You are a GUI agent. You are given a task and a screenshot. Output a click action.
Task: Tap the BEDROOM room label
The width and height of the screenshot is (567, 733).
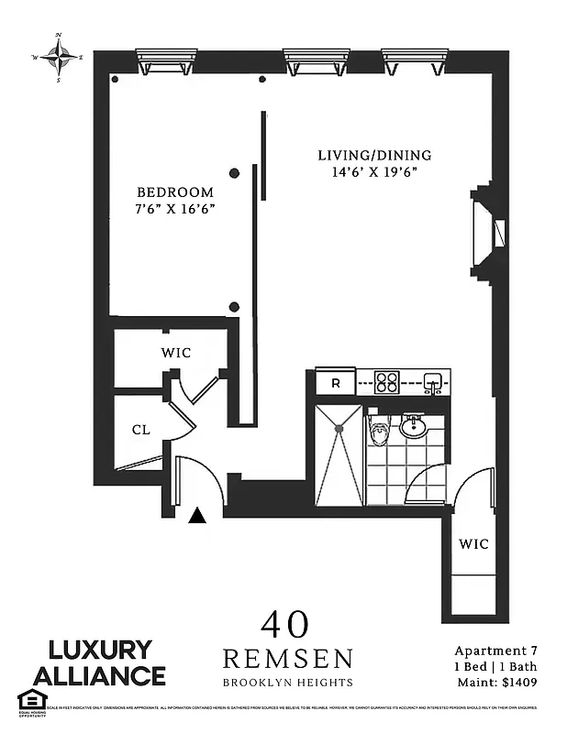click(x=174, y=192)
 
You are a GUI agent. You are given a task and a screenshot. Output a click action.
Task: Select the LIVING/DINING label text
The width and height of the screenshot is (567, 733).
click(x=374, y=155)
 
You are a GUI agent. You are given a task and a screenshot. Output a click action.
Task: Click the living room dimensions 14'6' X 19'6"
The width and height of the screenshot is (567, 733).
click(x=374, y=172)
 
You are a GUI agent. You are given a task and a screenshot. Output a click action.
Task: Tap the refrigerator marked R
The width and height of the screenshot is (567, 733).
click(x=335, y=382)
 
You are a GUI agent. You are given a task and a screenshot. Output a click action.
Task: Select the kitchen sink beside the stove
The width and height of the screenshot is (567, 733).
click(x=433, y=381)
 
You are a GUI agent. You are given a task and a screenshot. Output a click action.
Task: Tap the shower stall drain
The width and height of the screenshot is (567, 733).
click(x=339, y=427)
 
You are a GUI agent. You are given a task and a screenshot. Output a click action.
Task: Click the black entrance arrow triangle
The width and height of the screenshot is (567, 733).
click(x=197, y=517)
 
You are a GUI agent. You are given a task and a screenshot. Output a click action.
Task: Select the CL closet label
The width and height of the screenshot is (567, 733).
click(x=139, y=429)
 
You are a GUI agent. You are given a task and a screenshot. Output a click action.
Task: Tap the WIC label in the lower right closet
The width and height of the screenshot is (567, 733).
click(x=473, y=544)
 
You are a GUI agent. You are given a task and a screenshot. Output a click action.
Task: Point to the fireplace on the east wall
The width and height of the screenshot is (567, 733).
click(x=488, y=232)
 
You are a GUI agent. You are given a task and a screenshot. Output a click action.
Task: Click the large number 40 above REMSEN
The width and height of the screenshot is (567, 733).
click(x=284, y=625)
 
